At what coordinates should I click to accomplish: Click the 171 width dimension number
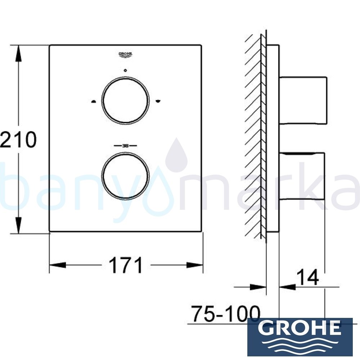point(126,265)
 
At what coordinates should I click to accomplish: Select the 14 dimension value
point(308,278)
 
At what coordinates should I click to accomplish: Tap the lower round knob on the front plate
point(125,176)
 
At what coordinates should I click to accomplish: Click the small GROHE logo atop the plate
point(126,54)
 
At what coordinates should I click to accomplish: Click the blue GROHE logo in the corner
point(300,337)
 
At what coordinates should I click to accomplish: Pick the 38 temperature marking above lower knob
point(125,146)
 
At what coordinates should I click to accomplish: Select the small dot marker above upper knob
point(125,71)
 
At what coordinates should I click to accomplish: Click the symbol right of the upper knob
point(157,101)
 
